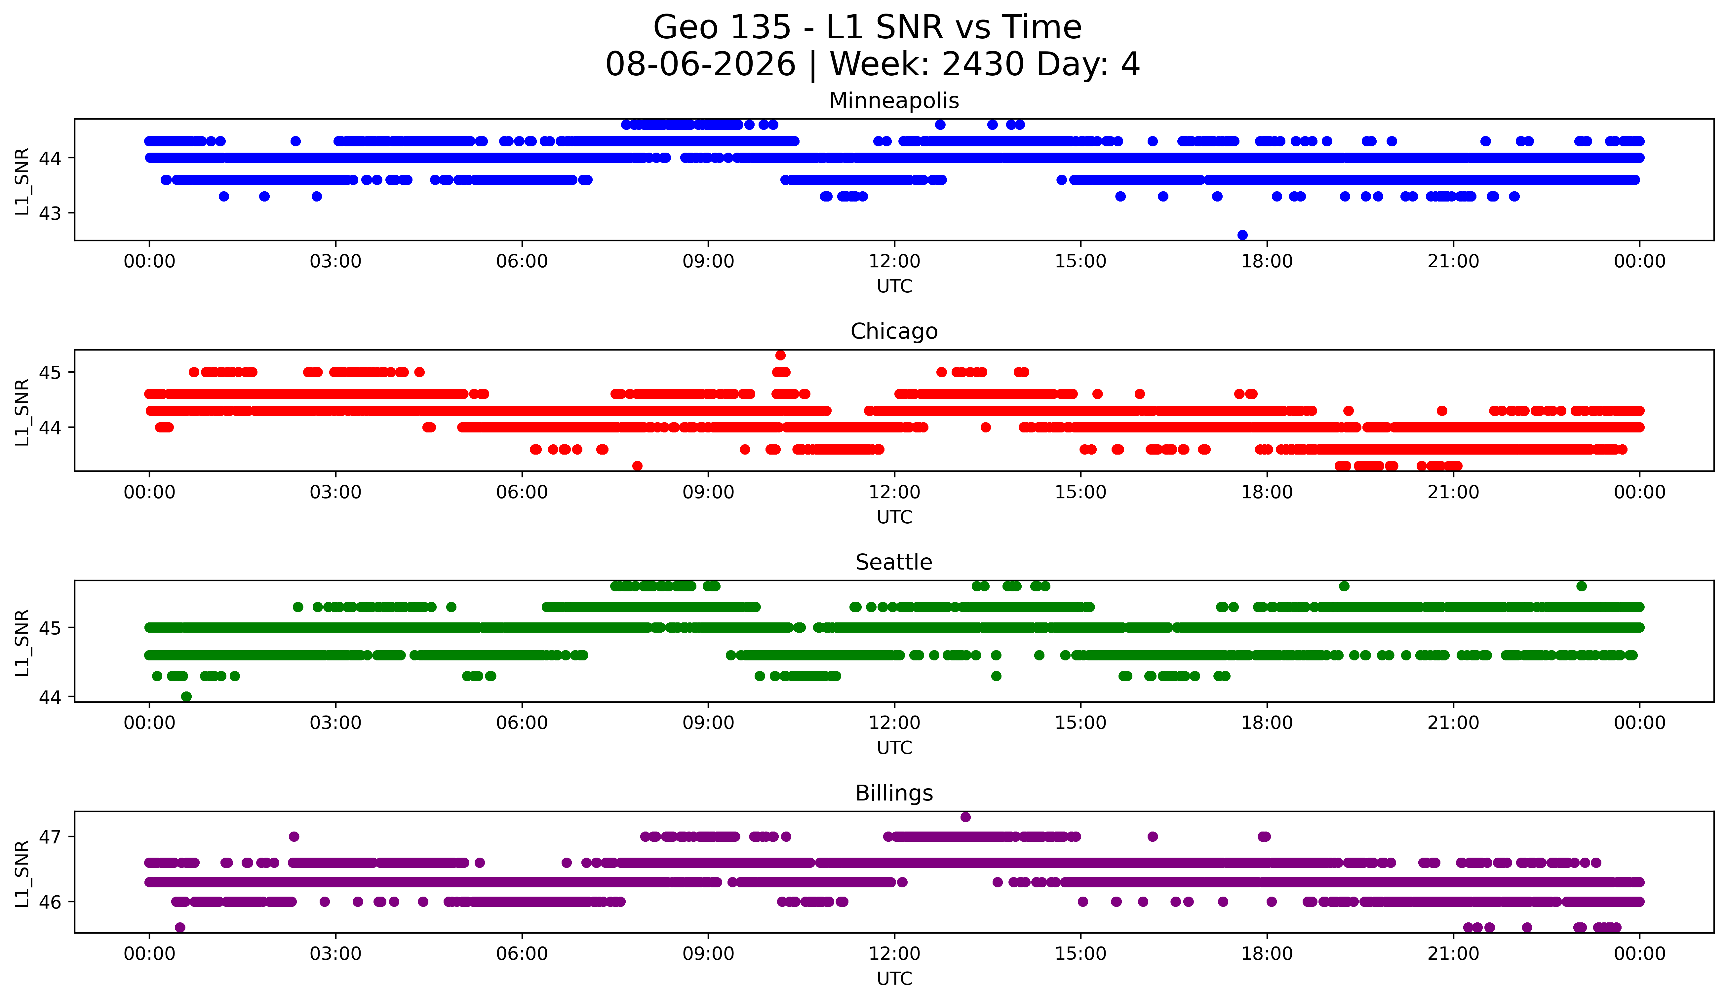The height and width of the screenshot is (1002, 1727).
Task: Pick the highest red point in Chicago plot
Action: coord(781,355)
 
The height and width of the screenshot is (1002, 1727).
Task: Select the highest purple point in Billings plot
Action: coord(965,817)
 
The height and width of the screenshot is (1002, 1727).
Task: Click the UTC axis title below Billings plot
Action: coord(894,979)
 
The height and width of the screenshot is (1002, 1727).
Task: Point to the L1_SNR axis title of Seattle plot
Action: coord(22,643)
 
